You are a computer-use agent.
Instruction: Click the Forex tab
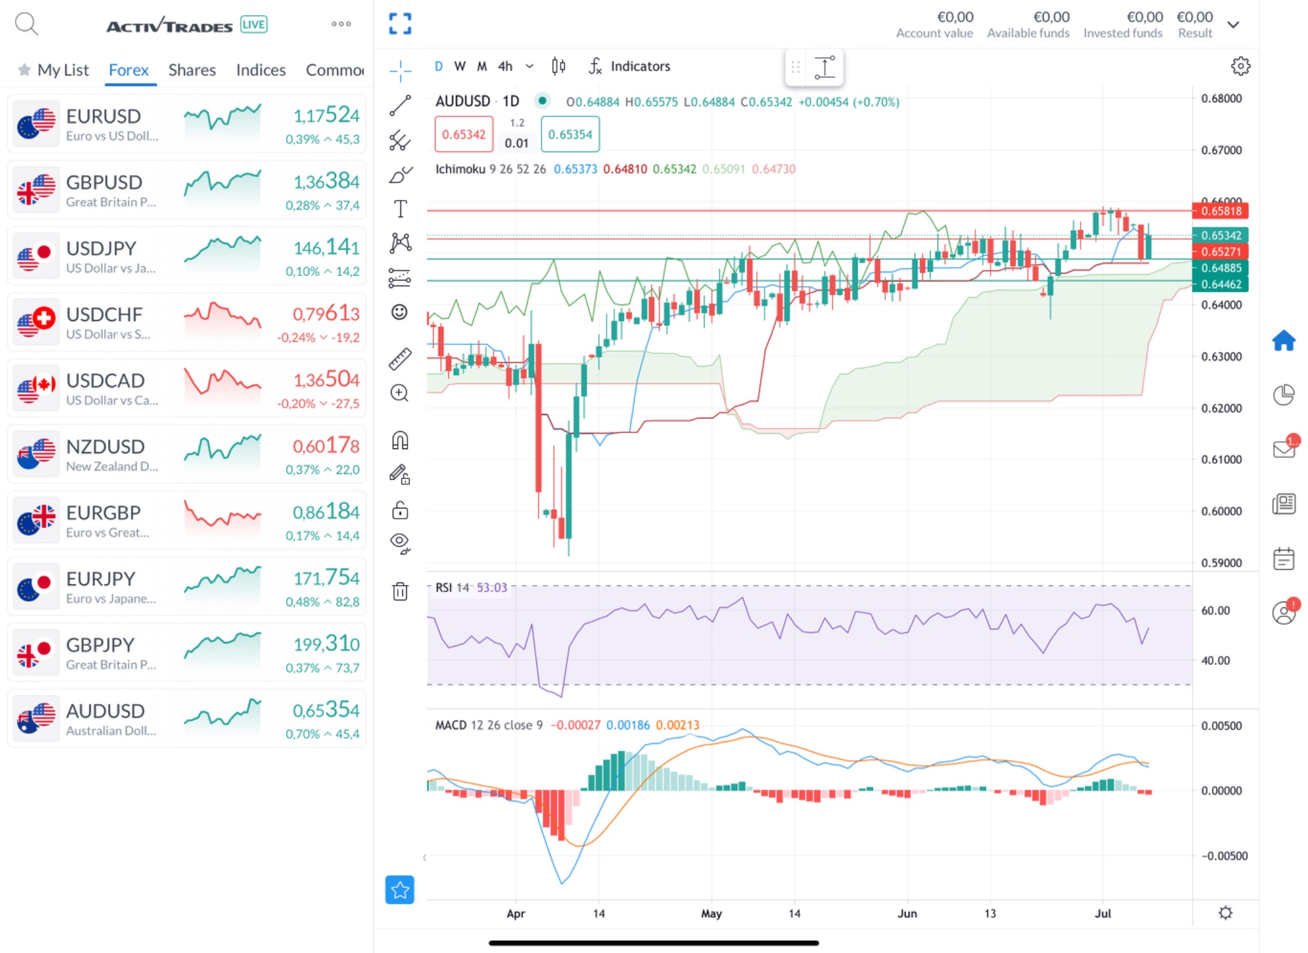[128, 70]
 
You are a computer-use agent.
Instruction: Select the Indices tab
[261, 70]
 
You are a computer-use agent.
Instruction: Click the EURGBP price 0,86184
[326, 512]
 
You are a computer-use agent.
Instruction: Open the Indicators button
[630, 66]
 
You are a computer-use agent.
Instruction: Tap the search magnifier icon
[26, 24]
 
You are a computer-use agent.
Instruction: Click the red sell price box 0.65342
[464, 134]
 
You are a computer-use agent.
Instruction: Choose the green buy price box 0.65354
[570, 134]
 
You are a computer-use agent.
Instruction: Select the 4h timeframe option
[505, 66]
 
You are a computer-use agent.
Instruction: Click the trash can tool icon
[400, 591]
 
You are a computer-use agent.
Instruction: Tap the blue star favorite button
[400, 890]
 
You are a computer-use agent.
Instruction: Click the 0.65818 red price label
[1220, 211]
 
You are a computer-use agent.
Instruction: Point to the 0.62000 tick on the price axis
[1221, 408]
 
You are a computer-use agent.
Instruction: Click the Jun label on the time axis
[907, 913]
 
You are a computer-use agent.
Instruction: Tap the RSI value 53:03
[492, 588]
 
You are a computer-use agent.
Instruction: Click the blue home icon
[1284, 340]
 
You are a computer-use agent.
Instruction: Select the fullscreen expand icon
[400, 24]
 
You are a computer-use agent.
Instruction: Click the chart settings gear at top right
[1240, 66]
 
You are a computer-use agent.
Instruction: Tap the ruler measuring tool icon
[400, 359]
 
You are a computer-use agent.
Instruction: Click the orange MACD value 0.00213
[678, 725]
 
